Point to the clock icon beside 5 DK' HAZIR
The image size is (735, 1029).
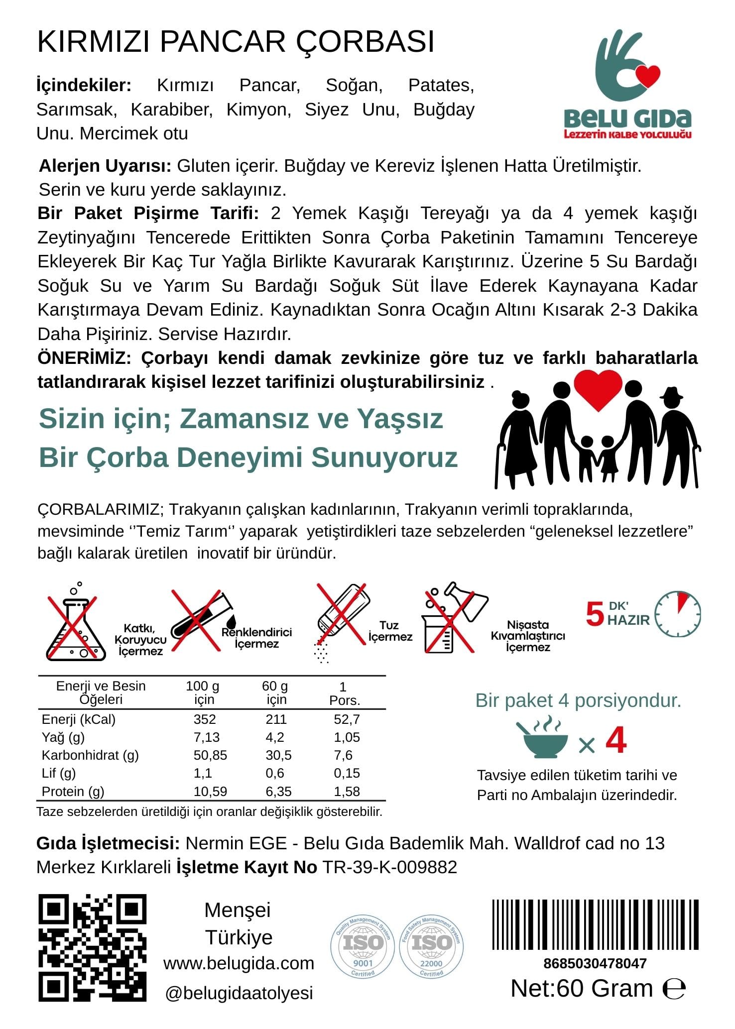tap(677, 614)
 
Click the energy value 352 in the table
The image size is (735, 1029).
tap(205, 719)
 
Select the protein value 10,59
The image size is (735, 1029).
tap(210, 791)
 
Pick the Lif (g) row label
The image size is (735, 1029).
tap(59, 773)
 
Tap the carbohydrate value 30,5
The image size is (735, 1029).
tap(278, 755)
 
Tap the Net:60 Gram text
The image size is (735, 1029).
tap(582, 989)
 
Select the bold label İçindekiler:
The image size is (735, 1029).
tap(84, 85)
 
